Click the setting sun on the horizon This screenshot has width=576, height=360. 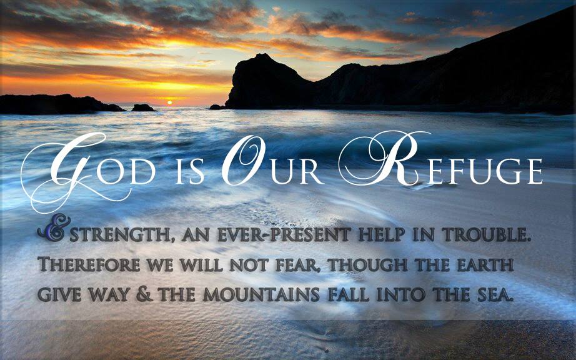tap(169, 103)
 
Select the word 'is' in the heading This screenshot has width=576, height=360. tap(189, 172)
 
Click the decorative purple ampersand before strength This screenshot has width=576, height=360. tap(54, 227)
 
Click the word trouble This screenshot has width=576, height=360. tap(487, 235)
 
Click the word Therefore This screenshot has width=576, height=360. tap(89, 264)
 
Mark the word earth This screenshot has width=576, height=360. tap(485, 264)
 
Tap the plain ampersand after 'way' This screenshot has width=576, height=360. tap(144, 294)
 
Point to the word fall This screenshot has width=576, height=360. tap(349, 294)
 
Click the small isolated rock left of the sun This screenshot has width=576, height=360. tap(143, 107)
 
